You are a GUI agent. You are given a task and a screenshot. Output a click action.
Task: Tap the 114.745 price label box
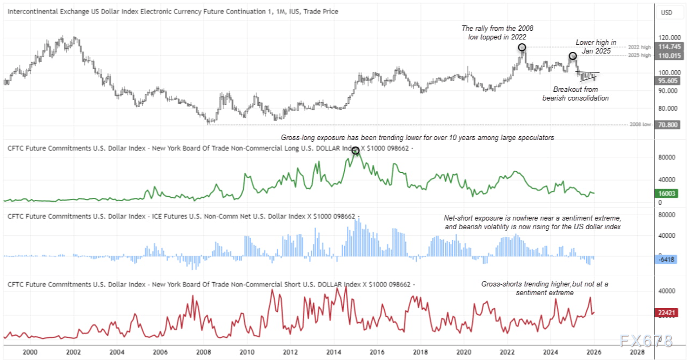pyautogui.click(x=668, y=47)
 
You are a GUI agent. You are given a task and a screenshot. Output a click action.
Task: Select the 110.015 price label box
pyautogui.click(x=668, y=56)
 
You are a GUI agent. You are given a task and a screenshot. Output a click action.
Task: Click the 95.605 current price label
pyautogui.click(x=668, y=81)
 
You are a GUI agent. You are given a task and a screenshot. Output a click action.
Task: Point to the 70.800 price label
pyautogui.click(x=668, y=125)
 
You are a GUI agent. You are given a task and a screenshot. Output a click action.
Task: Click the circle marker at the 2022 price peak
pyautogui.click(x=521, y=47)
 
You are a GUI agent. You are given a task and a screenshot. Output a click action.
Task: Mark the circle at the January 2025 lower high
pyautogui.click(x=572, y=56)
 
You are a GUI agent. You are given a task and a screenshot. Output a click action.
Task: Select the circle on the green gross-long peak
pyautogui.click(x=355, y=150)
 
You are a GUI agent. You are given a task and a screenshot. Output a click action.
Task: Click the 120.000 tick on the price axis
pyautogui.click(x=668, y=38)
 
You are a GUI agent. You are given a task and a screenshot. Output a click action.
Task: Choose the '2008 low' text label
pyautogui.click(x=640, y=125)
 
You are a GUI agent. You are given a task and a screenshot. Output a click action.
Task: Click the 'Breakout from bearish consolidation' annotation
pyautogui.click(x=576, y=94)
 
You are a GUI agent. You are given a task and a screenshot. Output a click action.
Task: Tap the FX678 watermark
pyautogui.click(x=646, y=341)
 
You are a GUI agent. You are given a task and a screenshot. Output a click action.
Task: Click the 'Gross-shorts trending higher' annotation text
pyautogui.click(x=545, y=288)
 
